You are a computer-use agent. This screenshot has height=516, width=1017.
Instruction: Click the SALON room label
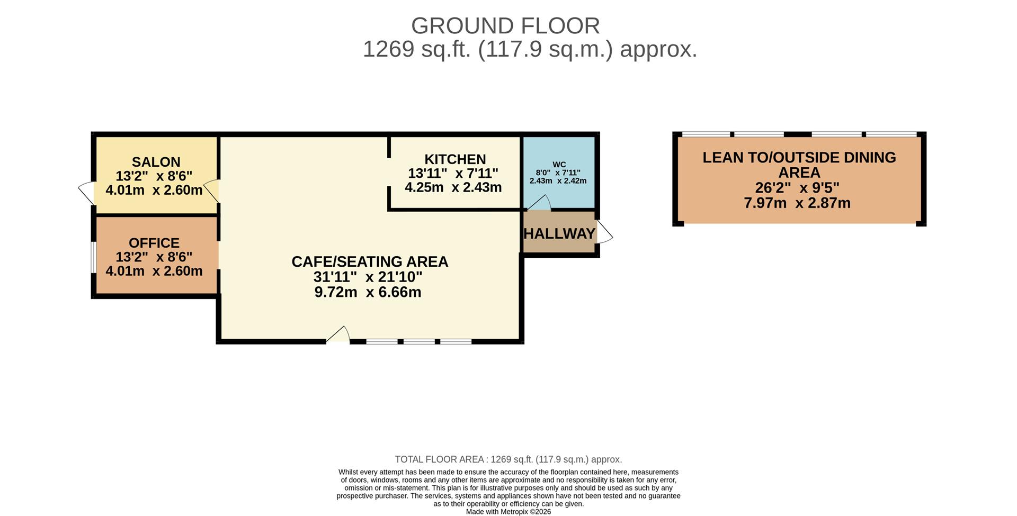pos(156,162)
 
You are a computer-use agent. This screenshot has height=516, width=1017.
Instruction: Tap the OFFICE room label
pos(154,243)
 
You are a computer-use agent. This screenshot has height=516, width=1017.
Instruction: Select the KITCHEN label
pos(455,159)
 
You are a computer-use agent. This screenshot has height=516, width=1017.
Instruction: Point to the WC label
pos(559,165)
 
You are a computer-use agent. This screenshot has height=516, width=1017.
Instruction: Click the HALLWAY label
pos(559,233)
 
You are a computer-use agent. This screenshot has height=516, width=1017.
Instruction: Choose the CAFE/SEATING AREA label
pos(370,261)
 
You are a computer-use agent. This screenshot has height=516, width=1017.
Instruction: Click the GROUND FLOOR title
pos(505,25)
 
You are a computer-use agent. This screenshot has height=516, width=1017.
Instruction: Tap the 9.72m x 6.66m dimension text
pos(368,292)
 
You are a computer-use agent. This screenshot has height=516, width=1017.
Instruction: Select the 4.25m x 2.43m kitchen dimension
pos(453,187)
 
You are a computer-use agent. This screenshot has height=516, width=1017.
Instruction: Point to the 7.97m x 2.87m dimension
pos(797,203)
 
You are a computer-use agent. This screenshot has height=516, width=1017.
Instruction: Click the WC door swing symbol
pos(539,203)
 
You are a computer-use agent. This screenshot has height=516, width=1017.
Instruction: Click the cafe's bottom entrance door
pos(338,335)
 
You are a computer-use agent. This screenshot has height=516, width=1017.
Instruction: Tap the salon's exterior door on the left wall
pos(86,193)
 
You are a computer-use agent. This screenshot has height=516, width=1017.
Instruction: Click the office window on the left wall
pos(93,258)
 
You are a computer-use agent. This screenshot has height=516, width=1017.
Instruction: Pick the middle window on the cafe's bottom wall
pos(419,341)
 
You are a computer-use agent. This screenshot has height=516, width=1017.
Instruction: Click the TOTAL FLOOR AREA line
pos(508,459)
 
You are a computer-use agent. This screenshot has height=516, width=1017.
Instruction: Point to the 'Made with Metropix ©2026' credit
pos(508,512)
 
